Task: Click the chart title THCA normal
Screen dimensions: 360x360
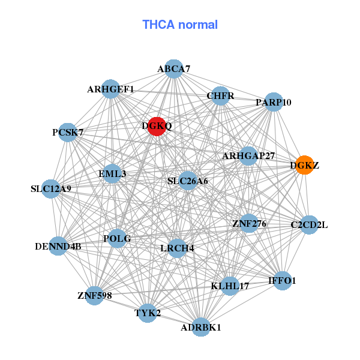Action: point(180,25)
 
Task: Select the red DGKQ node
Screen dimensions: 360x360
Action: point(157,126)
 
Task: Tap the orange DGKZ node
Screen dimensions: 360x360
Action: point(304,165)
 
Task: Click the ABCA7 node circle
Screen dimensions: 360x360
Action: point(173,68)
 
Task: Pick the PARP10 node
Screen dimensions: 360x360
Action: point(273,102)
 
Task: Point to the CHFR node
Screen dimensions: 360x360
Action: point(220,96)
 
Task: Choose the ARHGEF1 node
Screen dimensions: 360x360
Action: point(110,89)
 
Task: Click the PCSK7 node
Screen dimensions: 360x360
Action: point(68,132)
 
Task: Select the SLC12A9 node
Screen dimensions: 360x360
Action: point(51,189)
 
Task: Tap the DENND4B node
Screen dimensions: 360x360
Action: point(58,245)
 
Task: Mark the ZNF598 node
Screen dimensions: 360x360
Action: point(94,295)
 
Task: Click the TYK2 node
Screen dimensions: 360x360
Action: point(148,313)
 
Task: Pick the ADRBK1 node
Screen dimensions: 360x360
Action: point(201,327)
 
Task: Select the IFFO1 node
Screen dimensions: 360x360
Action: point(283,280)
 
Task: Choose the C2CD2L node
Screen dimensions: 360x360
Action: point(309,225)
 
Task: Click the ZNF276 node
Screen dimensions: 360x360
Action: point(249,224)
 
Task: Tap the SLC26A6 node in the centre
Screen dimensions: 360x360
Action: point(188,181)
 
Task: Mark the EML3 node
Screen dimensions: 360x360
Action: point(112,174)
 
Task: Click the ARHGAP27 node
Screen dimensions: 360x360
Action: point(248,156)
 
